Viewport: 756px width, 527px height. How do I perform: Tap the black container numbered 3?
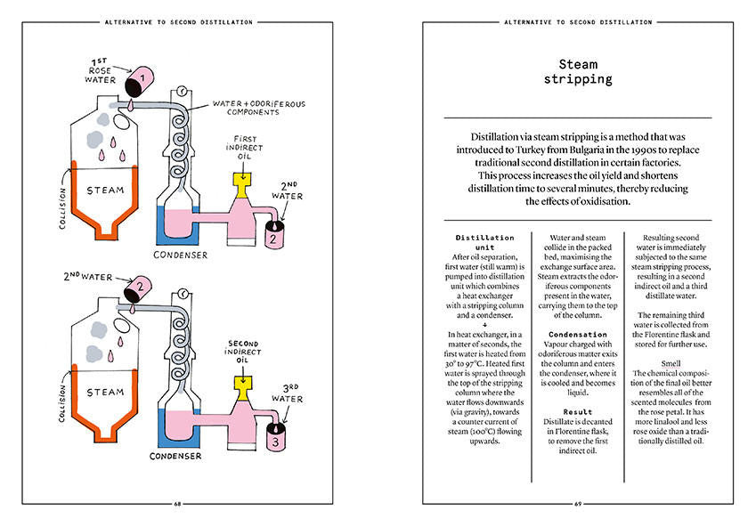point(277,439)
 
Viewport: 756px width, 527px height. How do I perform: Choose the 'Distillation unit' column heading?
point(484,243)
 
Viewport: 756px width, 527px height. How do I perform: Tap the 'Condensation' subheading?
point(577,334)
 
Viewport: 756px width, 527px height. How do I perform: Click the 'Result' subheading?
point(577,412)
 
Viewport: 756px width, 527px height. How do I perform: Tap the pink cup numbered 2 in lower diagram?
point(137,287)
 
